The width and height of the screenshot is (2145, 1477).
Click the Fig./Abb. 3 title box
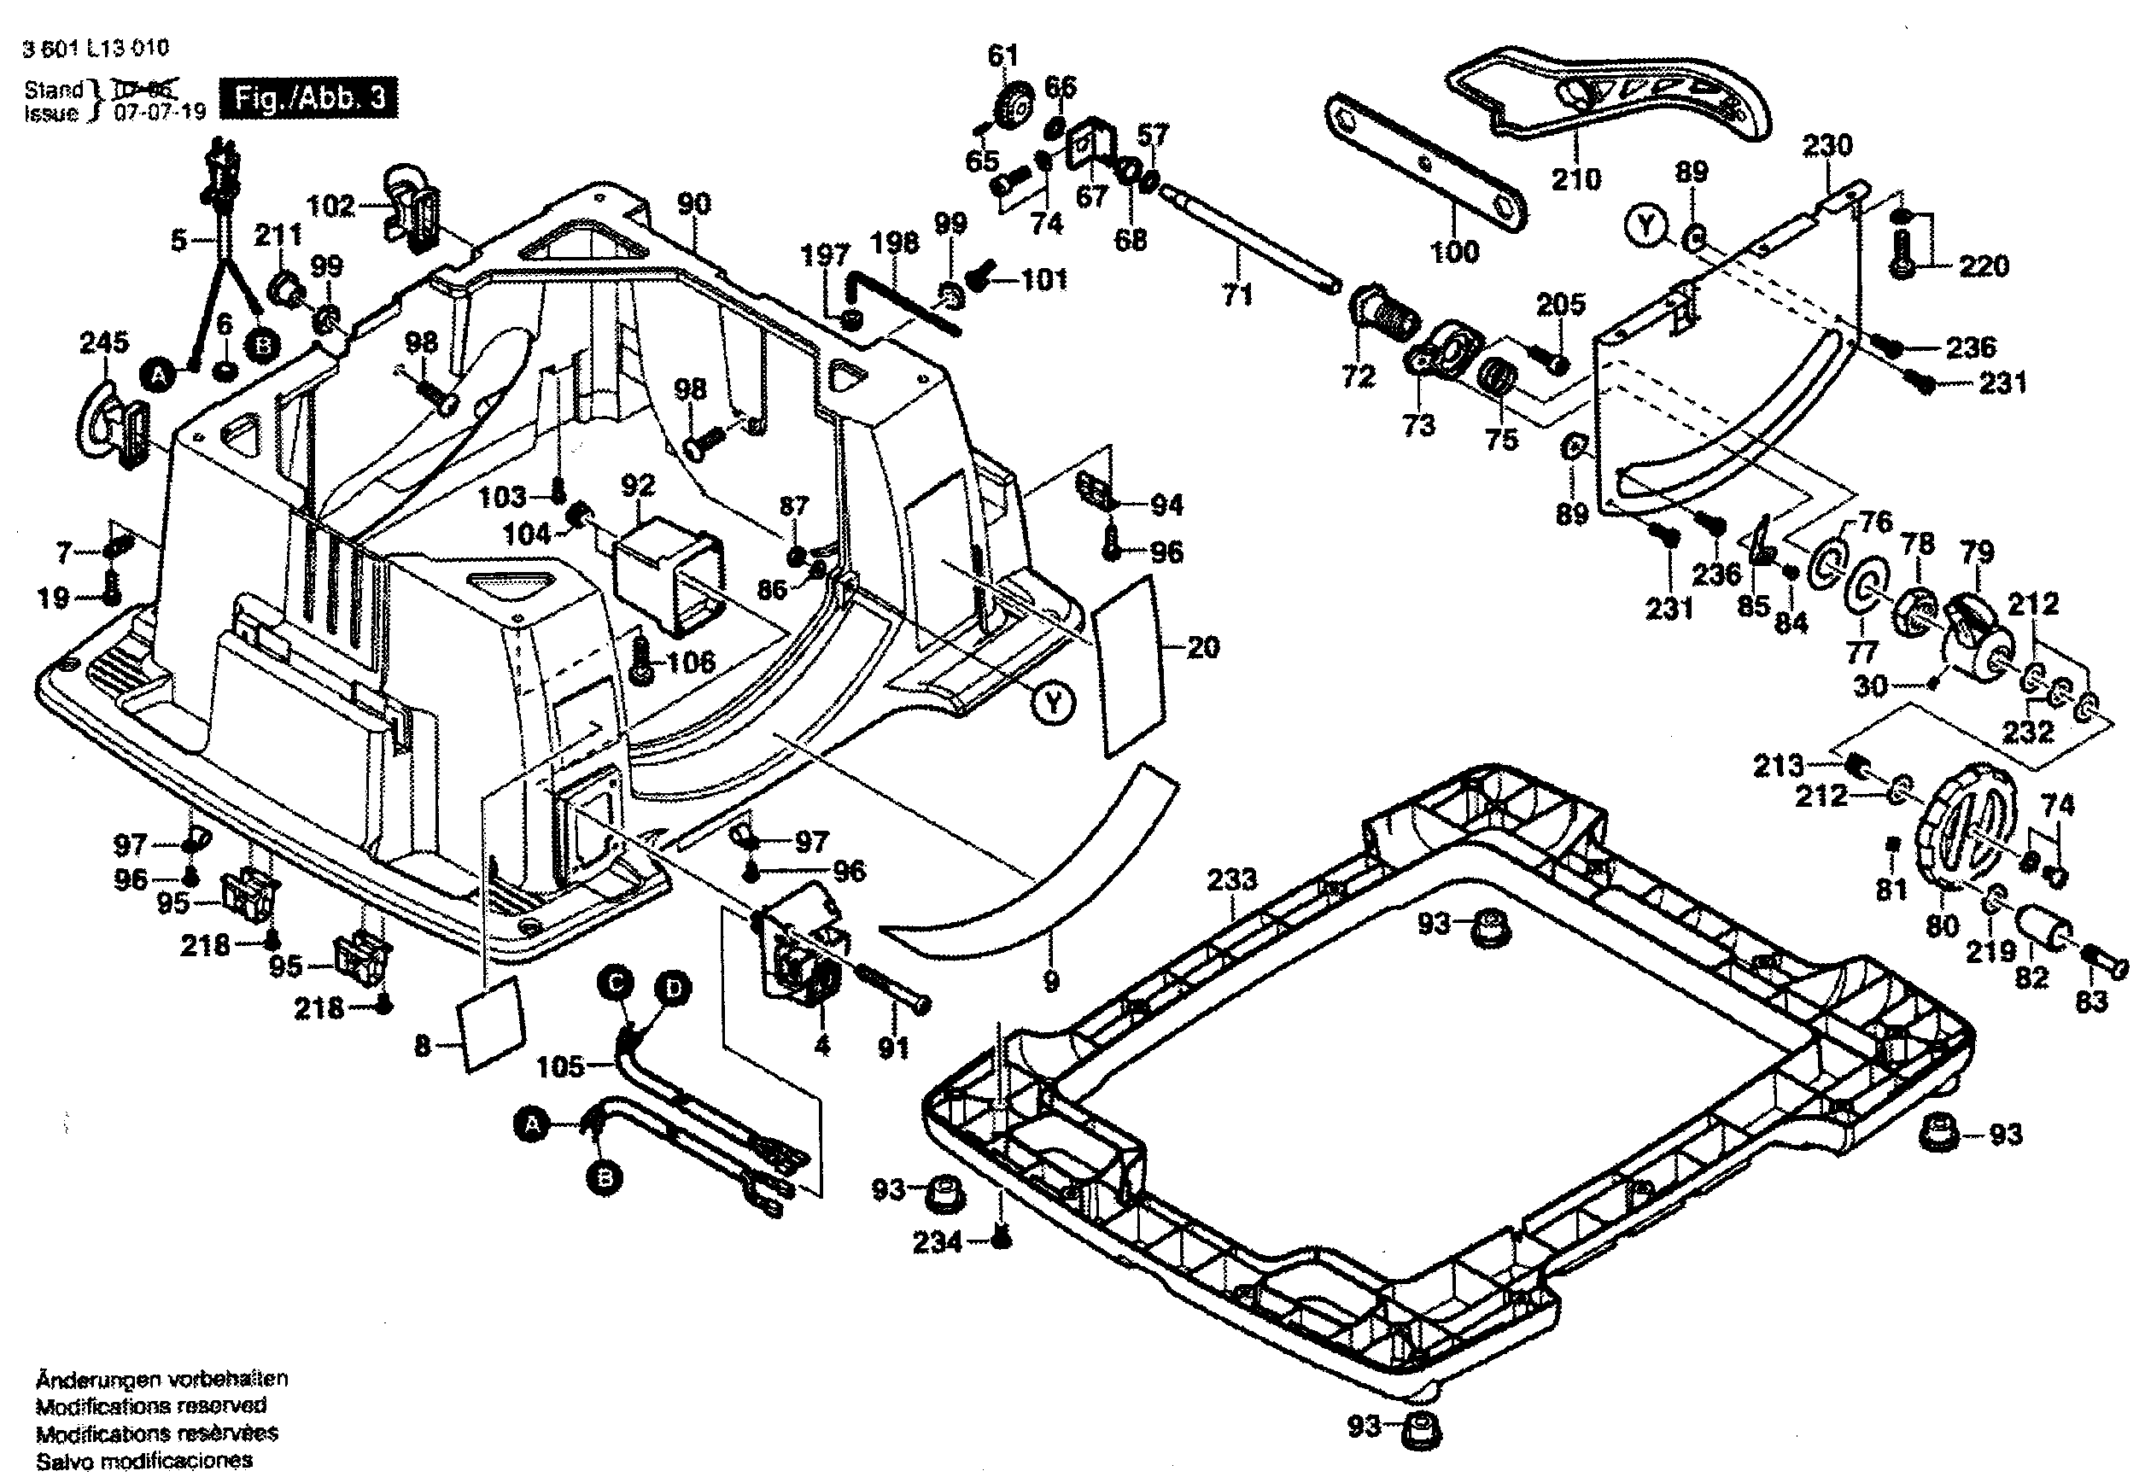pyautogui.click(x=308, y=98)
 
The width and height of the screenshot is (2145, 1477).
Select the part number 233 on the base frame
pyautogui.click(x=1231, y=879)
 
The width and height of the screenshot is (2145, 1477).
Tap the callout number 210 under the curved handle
pyautogui.click(x=1575, y=178)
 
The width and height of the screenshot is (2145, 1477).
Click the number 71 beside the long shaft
pyautogui.click(x=1237, y=295)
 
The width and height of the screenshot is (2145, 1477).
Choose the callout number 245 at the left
pyautogui.click(x=103, y=342)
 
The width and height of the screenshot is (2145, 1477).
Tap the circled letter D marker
pyautogui.click(x=673, y=989)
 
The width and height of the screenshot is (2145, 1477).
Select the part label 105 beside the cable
pyautogui.click(x=560, y=1066)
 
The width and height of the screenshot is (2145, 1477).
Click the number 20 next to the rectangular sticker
pyautogui.click(x=1202, y=648)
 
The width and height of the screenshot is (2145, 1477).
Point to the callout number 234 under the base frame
pyautogui.click(x=938, y=1242)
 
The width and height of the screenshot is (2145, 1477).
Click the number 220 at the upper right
pyautogui.click(x=1984, y=266)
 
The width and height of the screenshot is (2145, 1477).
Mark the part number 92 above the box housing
pyautogui.click(x=638, y=485)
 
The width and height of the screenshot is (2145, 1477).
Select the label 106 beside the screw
pyautogui.click(x=692, y=662)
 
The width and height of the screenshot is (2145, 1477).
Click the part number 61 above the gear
pyautogui.click(x=1002, y=56)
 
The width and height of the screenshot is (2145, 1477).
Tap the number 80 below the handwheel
pyautogui.click(x=1941, y=925)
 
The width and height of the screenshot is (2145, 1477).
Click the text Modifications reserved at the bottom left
pyautogui.click(x=151, y=1406)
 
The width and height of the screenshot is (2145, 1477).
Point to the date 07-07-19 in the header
pyautogui.click(x=159, y=113)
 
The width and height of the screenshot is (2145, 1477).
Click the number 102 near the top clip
pyautogui.click(x=330, y=206)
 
